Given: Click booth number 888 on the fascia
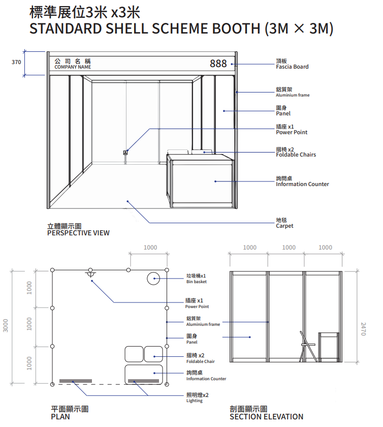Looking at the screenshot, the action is (x=218, y=64).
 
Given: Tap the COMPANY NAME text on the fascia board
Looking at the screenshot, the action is (x=73, y=67).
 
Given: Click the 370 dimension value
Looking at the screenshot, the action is (x=16, y=62).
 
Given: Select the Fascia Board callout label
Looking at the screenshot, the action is (x=292, y=67).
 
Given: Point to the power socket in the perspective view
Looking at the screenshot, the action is (x=125, y=152).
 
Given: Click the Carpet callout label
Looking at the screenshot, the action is (x=284, y=226).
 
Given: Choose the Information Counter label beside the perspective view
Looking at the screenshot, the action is (x=302, y=184).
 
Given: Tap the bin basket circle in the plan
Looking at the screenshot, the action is (x=153, y=279).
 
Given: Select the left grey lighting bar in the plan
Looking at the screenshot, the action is (x=76, y=381).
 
